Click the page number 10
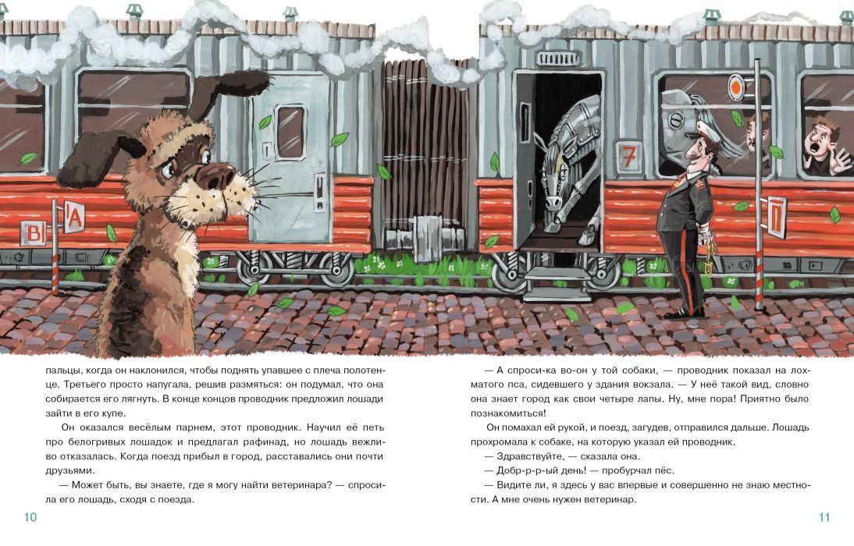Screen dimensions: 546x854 (30, 518)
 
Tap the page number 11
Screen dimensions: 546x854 (824, 518)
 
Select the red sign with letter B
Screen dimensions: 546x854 (34, 233)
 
